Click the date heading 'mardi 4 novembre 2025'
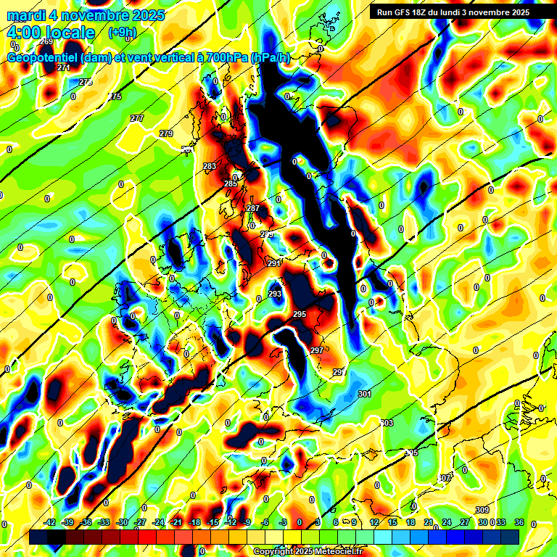pyautogui.click(x=86, y=15)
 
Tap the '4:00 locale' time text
pyautogui.click(x=51, y=33)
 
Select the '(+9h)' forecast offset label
pyautogui.click(x=120, y=33)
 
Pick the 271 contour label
pyautogui.click(x=63, y=67)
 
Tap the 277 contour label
pyautogui.click(x=137, y=118)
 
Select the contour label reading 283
pyautogui.click(x=210, y=167)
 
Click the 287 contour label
pyautogui.click(x=253, y=208)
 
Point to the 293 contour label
pyautogui.click(x=275, y=294)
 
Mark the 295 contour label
pyautogui.click(x=300, y=314)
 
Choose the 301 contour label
pyautogui.click(x=365, y=394)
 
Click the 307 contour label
pyautogui.click(x=445, y=478)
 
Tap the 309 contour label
pyautogui.click(x=482, y=510)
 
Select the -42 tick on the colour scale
pyautogui.click(x=51, y=522)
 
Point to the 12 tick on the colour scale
pyautogui.click(x=374, y=522)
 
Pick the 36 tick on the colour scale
pyautogui.click(x=519, y=522)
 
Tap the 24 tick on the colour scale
pyautogui.click(x=446, y=522)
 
